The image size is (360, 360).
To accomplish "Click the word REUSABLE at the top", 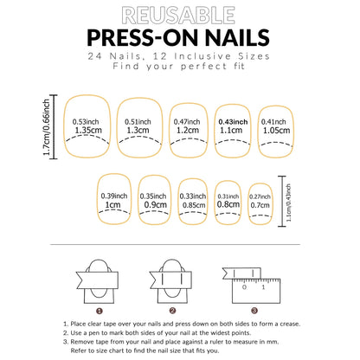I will click(x=179, y=15).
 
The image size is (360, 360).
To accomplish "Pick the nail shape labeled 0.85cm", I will click(x=192, y=202).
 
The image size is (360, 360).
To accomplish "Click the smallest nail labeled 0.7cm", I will click(x=258, y=203).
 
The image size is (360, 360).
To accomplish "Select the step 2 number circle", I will click(x=172, y=309).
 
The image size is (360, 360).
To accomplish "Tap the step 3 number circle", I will click(x=254, y=309).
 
